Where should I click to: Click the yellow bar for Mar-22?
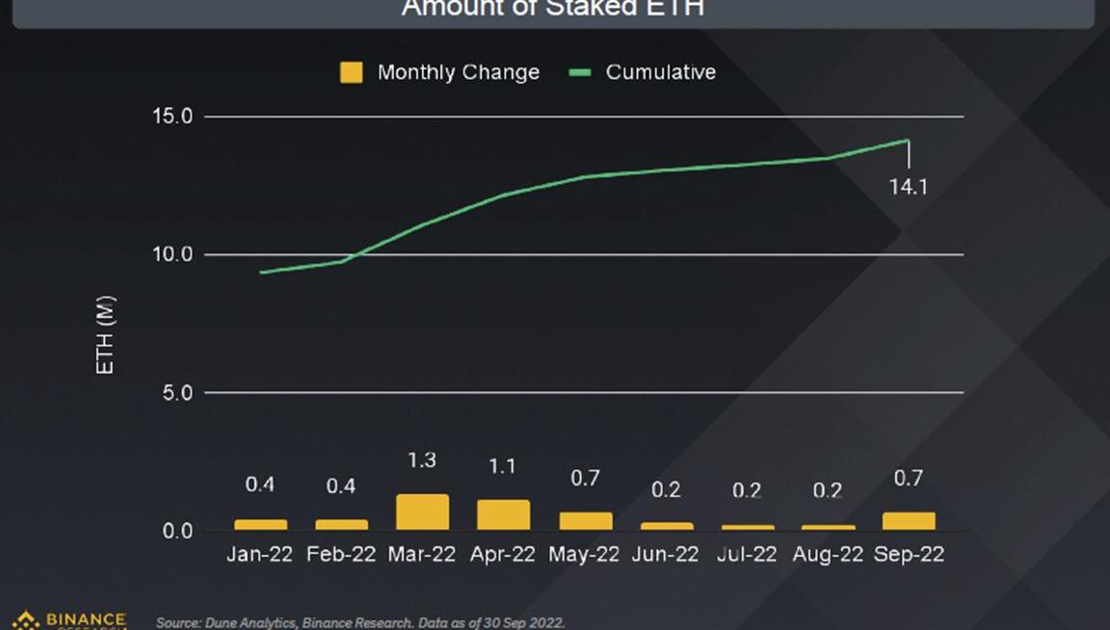(x=422, y=512)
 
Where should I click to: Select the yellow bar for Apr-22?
(x=503, y=515)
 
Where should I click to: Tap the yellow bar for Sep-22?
(x=909, y=521)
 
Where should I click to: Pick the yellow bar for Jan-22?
(x=260, y=525)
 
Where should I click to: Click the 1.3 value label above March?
(x=422, y=460)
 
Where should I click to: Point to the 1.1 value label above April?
(x=503, y=466)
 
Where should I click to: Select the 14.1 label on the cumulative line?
(x=908, y=186)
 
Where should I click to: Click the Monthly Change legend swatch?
(x=352, y=72)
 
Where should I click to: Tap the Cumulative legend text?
(x=660, y=72)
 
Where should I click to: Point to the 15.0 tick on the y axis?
(x=173, y=117)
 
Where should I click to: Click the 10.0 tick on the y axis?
(x=173, y=255)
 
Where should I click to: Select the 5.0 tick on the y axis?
(x=177, y=393)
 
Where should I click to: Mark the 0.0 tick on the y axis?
(x=177, y=532)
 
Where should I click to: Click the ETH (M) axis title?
(x=106, y=335)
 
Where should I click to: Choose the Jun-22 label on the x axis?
(x=666, y=555)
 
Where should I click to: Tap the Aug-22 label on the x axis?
(x=828, y=555)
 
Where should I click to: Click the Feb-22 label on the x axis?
(x=341, y=555)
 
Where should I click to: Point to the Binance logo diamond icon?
(x=25, y=620)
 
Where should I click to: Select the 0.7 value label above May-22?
(x=585, y=479)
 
